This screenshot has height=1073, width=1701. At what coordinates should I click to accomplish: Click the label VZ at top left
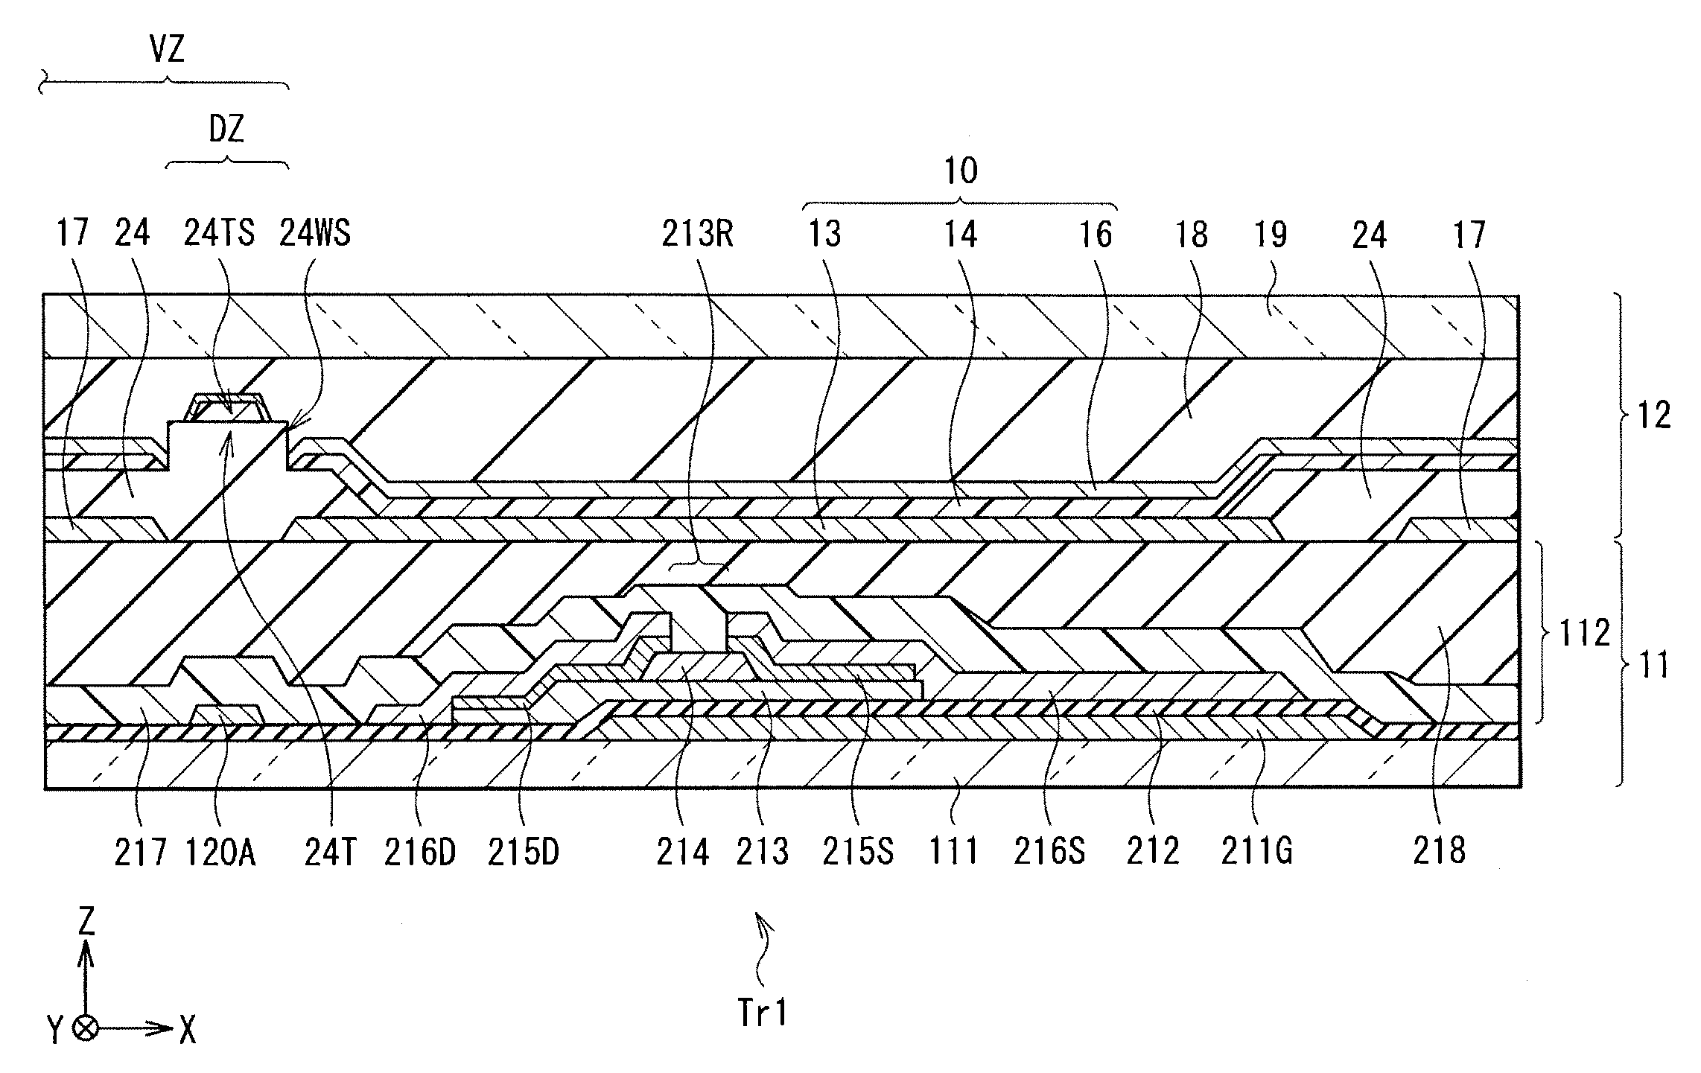(167, 51)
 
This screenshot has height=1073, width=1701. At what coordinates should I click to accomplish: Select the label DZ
(226, 131)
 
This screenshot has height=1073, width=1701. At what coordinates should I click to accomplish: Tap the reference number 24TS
(220, 235)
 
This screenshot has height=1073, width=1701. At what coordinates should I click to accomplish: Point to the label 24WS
(314, 235)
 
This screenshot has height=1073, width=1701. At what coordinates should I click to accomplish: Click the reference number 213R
(698, 235)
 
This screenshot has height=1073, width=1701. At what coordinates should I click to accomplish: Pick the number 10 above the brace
(961, 171)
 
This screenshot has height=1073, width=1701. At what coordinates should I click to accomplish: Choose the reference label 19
(1271, 235)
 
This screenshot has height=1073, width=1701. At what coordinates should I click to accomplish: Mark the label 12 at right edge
(1655, 415)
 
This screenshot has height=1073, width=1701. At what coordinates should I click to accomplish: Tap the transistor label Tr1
(762, 1013)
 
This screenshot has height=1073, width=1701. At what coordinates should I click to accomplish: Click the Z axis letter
(87, 923)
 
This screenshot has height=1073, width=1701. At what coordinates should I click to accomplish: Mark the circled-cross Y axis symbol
(87, 1030)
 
